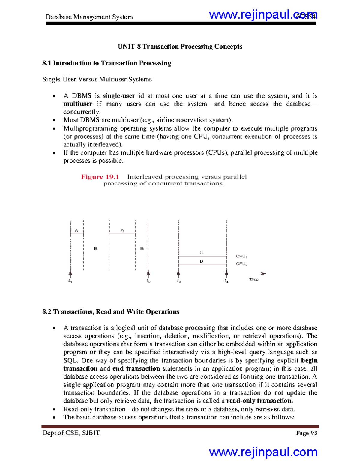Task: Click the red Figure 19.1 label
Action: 100,177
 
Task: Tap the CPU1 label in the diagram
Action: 241,257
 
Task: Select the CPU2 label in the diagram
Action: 241,264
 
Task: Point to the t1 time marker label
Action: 70,281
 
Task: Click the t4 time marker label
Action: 226,281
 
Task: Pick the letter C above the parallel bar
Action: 201,253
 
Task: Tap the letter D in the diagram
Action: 201,261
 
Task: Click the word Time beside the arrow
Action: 253,280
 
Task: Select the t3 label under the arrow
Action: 179,281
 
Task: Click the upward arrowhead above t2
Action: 148,273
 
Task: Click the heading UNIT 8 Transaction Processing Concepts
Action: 180,47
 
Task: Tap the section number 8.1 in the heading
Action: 47,63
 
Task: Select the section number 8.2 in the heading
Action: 47,312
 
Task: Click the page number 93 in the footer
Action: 314,433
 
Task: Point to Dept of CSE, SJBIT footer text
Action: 71,433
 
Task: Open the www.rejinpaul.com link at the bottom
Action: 263,452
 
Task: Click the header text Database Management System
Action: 89,17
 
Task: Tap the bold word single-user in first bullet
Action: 119,96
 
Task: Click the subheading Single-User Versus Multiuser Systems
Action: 97,79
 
